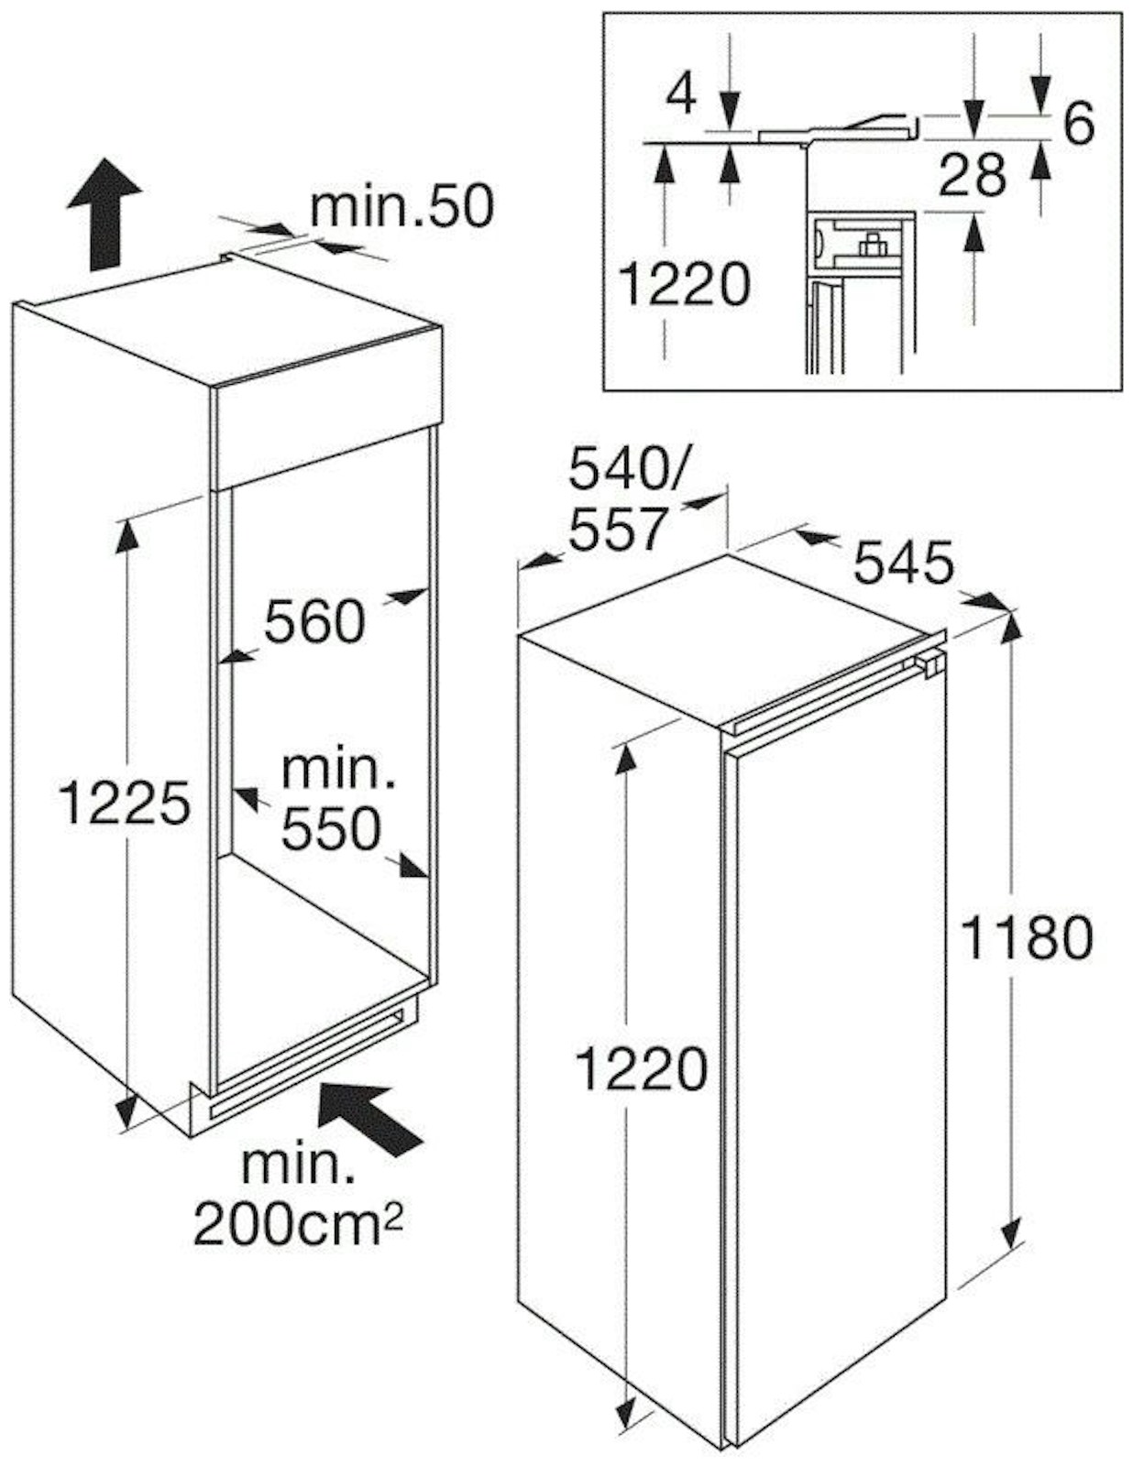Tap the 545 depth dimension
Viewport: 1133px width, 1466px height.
(x=904, y=563)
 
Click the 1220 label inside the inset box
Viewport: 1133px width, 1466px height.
(x=684, y=284)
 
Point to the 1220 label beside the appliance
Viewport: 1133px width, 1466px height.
(x=642, y=1069)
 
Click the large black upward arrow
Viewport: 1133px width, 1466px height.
(x=104, y=214)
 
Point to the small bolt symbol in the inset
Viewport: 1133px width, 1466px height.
(x=871, y=245)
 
